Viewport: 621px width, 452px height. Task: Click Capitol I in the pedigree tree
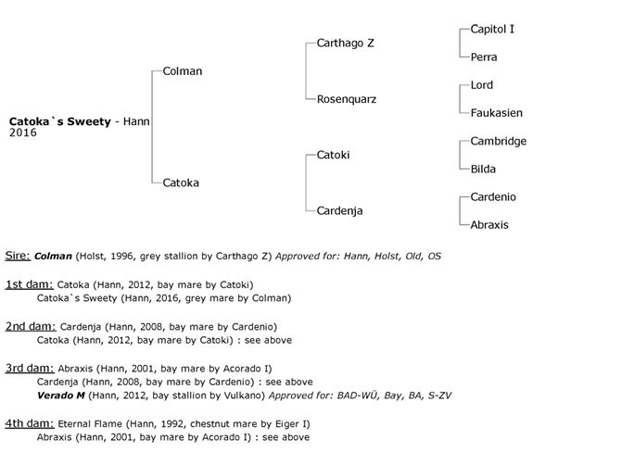(492, 30)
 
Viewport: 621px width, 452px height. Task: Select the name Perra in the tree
(484, 57)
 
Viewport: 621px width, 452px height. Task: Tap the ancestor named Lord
(482, 85)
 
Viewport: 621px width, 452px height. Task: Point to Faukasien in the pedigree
(496, 113)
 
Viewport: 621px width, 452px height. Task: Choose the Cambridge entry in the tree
(499, 141)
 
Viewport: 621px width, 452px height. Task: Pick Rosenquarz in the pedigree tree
(347, 99)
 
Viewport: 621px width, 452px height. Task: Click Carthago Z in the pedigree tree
(346, 44)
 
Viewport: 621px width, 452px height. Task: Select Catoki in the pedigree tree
(334, 155)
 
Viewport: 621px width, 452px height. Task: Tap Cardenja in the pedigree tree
(340, 210)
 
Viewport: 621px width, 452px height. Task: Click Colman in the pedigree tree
(182, 71)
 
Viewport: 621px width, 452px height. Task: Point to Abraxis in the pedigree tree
(489, 225)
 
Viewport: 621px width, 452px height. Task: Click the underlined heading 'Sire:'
(19, 255)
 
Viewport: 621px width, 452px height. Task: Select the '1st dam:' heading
(29, 283)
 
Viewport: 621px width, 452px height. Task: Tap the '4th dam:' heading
(29, 423)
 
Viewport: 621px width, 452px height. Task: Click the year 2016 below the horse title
(23, 133)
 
